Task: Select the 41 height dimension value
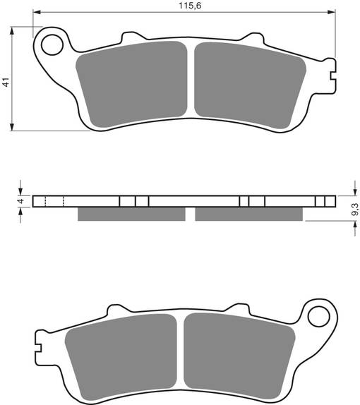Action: [6, 83]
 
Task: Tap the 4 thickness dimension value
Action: [20, 201]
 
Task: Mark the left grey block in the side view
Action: [131, 213]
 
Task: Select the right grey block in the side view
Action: [250, 213]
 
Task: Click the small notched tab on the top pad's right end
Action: [332, 71]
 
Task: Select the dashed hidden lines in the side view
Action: [54, 201]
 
